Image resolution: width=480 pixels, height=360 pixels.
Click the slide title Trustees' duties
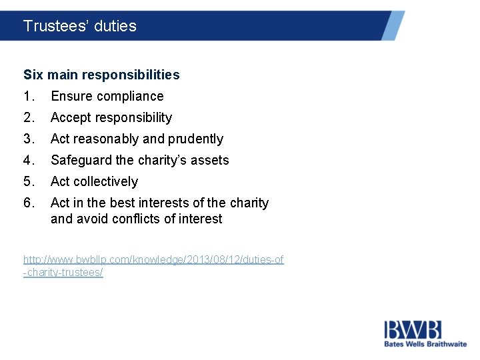[79, 26]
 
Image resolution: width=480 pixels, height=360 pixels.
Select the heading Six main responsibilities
[101, 75]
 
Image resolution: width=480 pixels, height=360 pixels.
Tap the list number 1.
[28, 96]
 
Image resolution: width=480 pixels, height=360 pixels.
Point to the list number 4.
[28, 160]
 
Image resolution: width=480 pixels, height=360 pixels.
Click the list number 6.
[28, 203]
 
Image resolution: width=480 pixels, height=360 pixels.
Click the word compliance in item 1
[129, 96]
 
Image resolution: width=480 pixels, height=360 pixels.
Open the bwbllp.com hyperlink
[153, 259]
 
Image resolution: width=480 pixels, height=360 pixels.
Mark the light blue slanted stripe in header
[394, 25]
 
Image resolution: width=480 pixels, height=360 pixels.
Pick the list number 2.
[28, 117]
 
